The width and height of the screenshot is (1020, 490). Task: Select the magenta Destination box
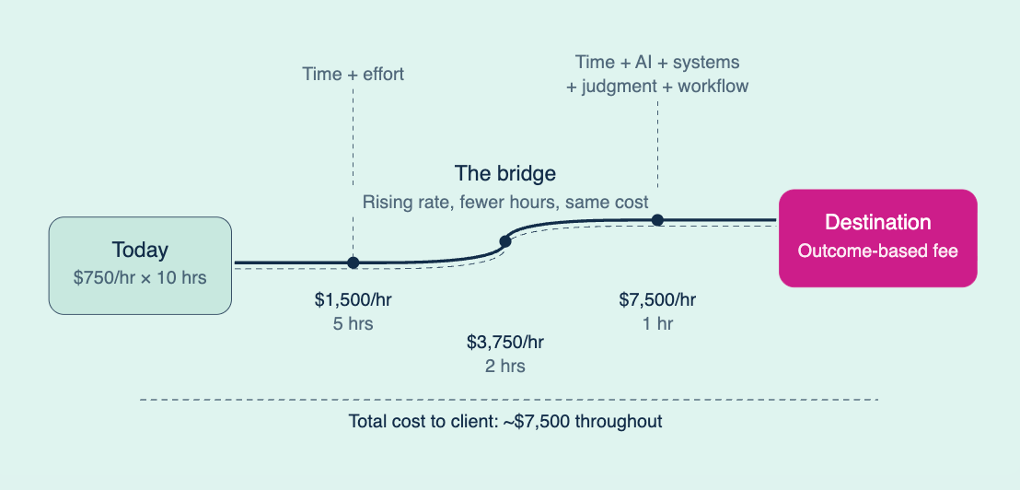(x=877, y=238)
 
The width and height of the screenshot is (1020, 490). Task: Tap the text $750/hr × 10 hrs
(x=140, y=275)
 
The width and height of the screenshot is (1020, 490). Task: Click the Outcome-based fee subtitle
(x=877, y=251)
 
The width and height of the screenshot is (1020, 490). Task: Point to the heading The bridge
(x=504, y=173)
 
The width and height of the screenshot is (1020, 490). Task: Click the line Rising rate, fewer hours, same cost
(x=504, y=202)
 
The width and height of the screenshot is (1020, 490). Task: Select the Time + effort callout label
(x=353, y=74)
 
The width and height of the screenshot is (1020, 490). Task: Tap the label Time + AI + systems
(x=657, y=62)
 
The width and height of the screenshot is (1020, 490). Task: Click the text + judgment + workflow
(x=657, y=87)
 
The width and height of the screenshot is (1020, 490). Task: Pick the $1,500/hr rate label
(x=353, y=299)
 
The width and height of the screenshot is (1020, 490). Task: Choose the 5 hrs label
(x=353, y=324)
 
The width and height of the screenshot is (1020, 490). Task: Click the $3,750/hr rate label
(x=504, y=343)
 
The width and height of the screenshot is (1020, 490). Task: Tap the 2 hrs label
(x=504, y=366)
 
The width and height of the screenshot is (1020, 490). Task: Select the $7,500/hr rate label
(x=657, y=299)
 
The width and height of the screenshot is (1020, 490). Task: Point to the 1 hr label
(x=657, y=324)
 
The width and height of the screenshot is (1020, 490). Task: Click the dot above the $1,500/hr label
(x=353, y=262)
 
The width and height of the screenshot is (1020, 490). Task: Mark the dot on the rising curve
(x=504, y=241)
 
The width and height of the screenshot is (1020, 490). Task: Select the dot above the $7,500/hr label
(x=657, y=220)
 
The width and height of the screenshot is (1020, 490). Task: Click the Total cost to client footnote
(x=505, y=422)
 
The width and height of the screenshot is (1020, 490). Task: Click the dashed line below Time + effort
(x=353, y=166)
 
